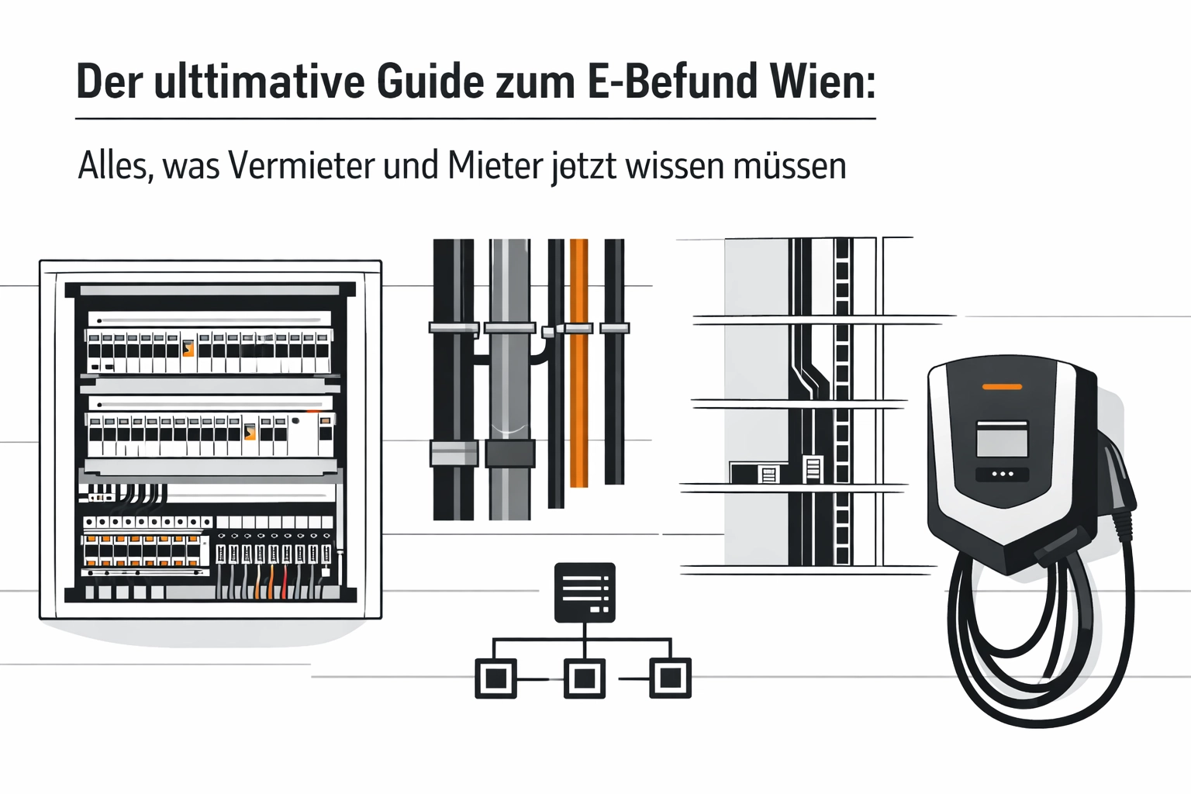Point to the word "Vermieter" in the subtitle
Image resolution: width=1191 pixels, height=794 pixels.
click(302, 165)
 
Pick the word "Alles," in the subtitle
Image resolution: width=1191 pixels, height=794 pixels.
click(115, 165)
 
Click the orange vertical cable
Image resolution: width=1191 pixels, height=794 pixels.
click(578, 403)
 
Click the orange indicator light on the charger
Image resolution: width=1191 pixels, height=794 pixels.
click(1002, 386)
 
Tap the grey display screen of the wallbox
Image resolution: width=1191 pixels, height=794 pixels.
click(1002, 440)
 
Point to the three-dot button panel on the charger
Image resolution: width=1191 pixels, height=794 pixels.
click(1002, 474)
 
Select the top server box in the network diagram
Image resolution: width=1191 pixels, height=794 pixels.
click(585, 592)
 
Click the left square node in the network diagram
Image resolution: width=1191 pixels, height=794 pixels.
click(495, 678)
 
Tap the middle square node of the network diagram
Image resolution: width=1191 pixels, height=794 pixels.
click(584, 678)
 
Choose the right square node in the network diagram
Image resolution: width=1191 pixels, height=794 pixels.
click(670, 678)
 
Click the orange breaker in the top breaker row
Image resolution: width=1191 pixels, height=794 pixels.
click(188, 350)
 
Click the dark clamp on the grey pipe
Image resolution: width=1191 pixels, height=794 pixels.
click(509, 453)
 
